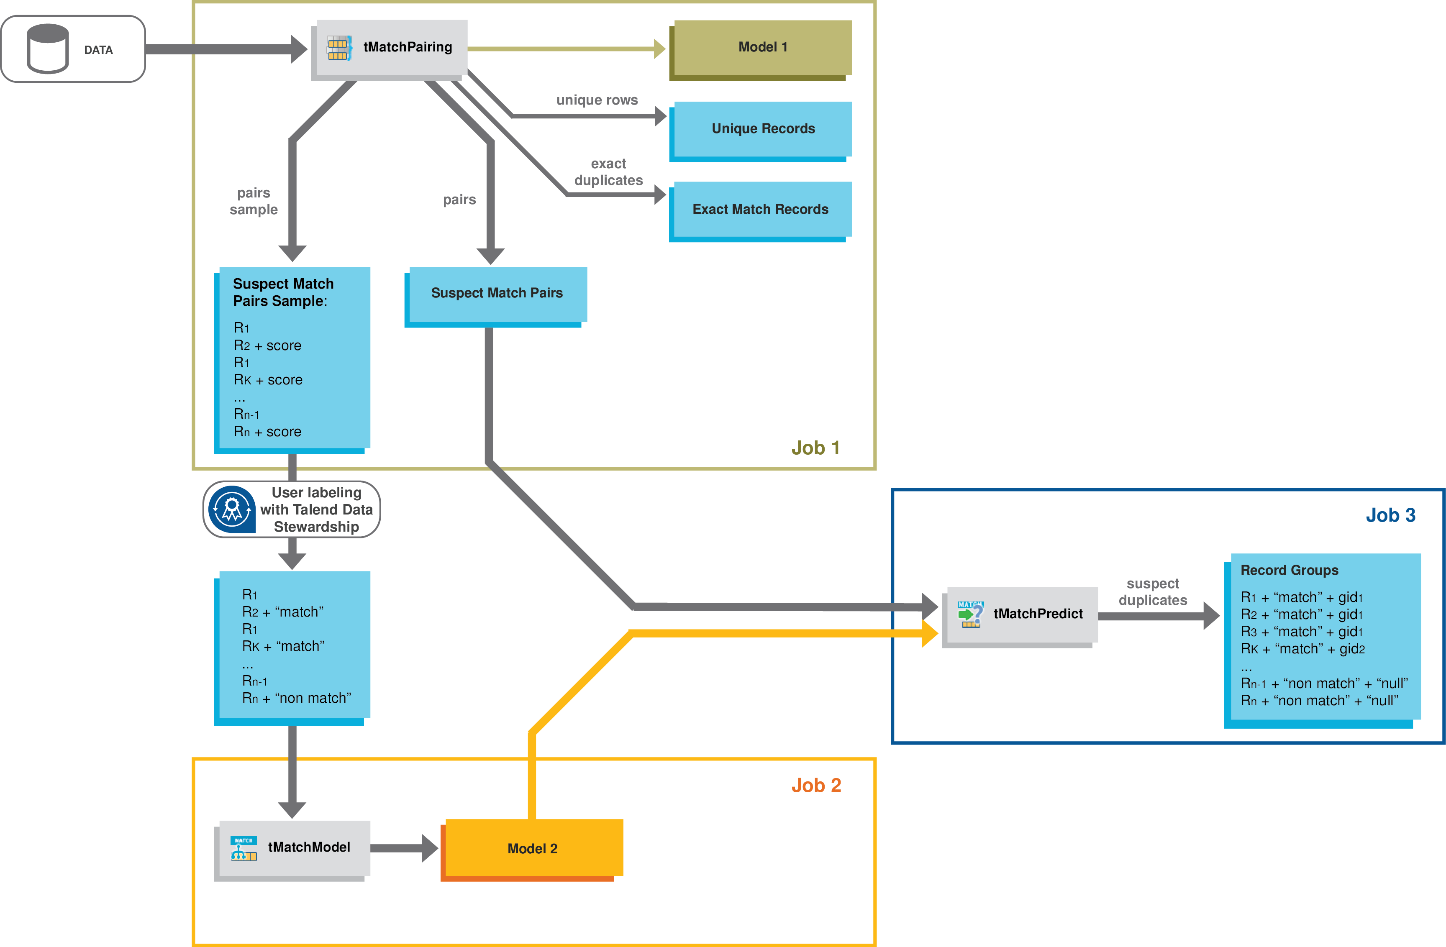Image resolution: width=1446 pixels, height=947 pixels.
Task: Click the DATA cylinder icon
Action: (x=47, y=49)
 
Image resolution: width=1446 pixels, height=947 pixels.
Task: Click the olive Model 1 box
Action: (x=762, y=47)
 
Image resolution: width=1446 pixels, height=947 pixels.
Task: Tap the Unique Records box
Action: (x=762, y=129)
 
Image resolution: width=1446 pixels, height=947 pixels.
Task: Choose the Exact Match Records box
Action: (x=760, y=210)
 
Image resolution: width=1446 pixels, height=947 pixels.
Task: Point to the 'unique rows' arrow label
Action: (x=597, y=100)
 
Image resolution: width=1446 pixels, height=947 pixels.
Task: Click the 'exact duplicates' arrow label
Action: (x=608, y=172)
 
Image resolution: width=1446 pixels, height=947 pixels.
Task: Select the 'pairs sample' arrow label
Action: (x=254, y=201)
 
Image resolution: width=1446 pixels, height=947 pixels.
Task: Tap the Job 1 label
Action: (x=815, y=448)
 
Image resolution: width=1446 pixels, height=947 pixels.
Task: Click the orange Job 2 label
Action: (x=816, y=786)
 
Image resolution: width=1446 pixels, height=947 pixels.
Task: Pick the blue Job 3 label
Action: (x=1390, y=515)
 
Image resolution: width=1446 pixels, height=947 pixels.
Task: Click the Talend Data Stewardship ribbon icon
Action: (x=231, y=509)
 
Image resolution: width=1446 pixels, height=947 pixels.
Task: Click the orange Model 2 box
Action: (x=532, y=849)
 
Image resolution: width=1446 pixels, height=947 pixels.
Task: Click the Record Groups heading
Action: (x=1289, y=571)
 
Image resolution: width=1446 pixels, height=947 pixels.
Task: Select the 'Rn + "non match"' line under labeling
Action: (x=297, y=699)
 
